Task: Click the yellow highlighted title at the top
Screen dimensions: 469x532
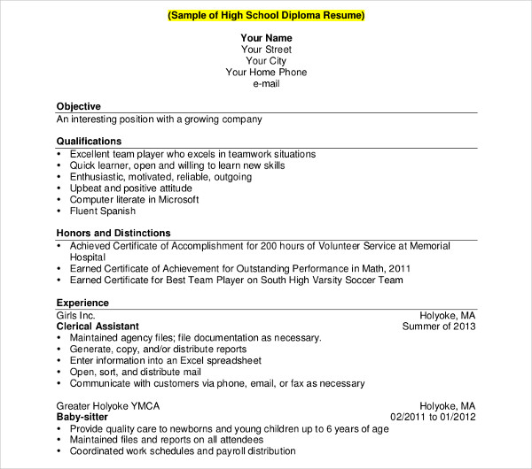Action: coord(266,16)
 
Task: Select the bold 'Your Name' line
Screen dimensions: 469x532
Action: coord(266,39)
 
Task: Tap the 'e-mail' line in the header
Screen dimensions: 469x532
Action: coord(266,84)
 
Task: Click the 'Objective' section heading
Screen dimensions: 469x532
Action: coord(79,106)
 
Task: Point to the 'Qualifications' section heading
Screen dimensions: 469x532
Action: coord(90,142)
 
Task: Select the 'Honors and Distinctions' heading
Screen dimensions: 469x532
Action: coord(113,233)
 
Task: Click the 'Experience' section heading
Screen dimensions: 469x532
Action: coord(82,303)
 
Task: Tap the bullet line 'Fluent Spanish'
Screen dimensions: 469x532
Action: coord(103,211)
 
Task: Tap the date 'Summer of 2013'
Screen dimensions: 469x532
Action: coord(439,326)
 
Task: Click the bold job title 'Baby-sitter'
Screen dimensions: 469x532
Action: coord(83,417)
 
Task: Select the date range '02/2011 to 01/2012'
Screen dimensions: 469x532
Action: coord(433,417)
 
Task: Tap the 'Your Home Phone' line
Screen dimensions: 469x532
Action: coord(266,73)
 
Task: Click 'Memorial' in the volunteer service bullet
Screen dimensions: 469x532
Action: coord(430,245)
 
